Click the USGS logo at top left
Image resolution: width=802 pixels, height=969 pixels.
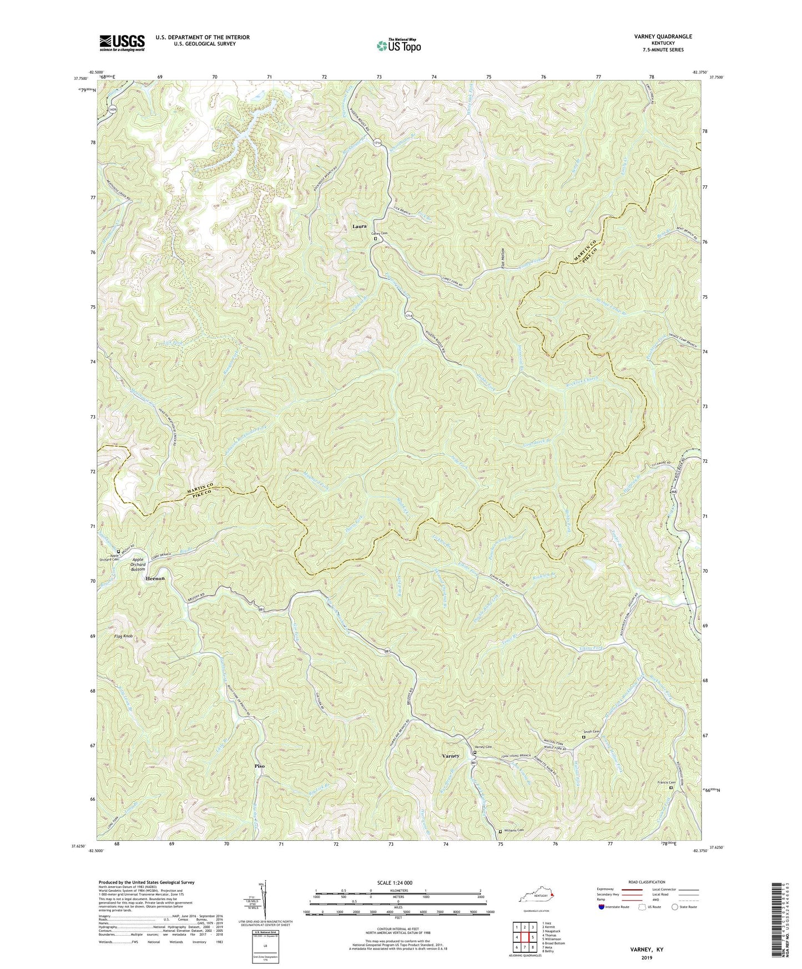122,42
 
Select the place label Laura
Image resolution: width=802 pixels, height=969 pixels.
359,226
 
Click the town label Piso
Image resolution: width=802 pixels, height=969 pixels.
259,766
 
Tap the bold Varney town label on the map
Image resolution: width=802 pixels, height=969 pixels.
450,756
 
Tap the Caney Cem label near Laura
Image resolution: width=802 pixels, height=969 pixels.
380,234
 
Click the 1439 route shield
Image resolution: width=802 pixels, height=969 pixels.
113,109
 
